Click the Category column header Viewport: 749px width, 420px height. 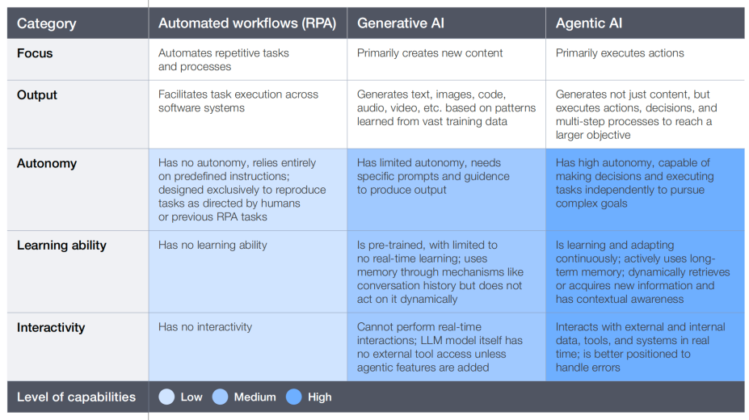tap(46, 23)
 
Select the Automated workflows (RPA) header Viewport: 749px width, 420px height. tap(247, 23)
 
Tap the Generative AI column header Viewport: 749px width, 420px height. tap(400, 23)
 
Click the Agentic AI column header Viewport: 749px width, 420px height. tap(588, 23)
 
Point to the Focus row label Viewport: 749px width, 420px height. tap(35, 53)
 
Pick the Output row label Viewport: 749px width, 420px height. tap(37, 95)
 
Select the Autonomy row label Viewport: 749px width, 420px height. tap(46, 163)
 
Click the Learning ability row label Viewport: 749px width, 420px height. tap(61, 246)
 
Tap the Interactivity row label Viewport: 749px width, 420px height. tap(51, 327)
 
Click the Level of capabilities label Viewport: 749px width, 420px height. tap(76, 397)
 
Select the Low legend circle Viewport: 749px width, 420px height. tap(166, 397)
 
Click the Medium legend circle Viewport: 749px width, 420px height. tap(220, 397)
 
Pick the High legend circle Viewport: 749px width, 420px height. tap(294, 397)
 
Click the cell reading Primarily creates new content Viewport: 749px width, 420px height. tap(429, 53)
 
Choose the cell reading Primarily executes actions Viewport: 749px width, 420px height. tap(620, 53)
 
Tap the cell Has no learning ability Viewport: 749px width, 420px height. tap(212, 246)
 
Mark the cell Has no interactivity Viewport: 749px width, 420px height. tap(205, 327)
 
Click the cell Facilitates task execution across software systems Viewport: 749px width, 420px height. tap(238, 101)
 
